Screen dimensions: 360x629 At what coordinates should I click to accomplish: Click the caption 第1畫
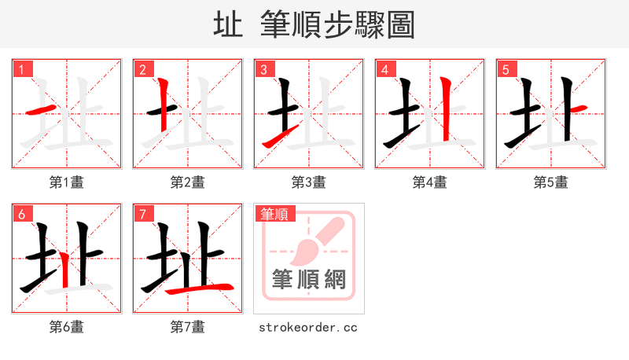coord(67,182)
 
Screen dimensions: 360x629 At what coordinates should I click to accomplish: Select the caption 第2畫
coord(188,182)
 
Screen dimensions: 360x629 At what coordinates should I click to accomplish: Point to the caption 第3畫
coord(309,182)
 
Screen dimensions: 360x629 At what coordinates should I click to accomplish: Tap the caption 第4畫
coord(430,182)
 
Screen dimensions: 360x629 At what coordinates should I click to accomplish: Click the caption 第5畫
coord(551,182)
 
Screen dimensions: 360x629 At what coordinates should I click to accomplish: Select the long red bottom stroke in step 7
coord(200,288)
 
